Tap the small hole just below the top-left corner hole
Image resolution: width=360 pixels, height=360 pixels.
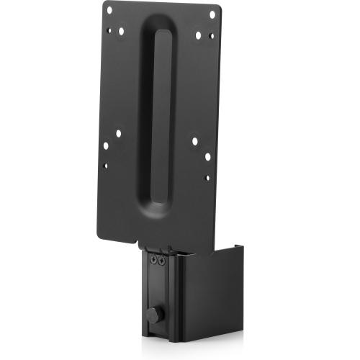(109, 30)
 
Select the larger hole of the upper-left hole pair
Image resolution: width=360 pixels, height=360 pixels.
(121, 31)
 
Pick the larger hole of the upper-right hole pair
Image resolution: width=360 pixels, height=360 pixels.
(199, 35)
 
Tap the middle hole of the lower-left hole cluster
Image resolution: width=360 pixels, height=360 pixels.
(106, 145)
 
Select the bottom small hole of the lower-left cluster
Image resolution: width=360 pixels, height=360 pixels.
(105, 166)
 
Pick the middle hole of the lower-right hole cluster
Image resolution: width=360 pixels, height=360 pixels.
(207, 156)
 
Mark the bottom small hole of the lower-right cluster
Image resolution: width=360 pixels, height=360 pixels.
(207, 176)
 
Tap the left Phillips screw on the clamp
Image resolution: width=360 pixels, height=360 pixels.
(153, 261)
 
